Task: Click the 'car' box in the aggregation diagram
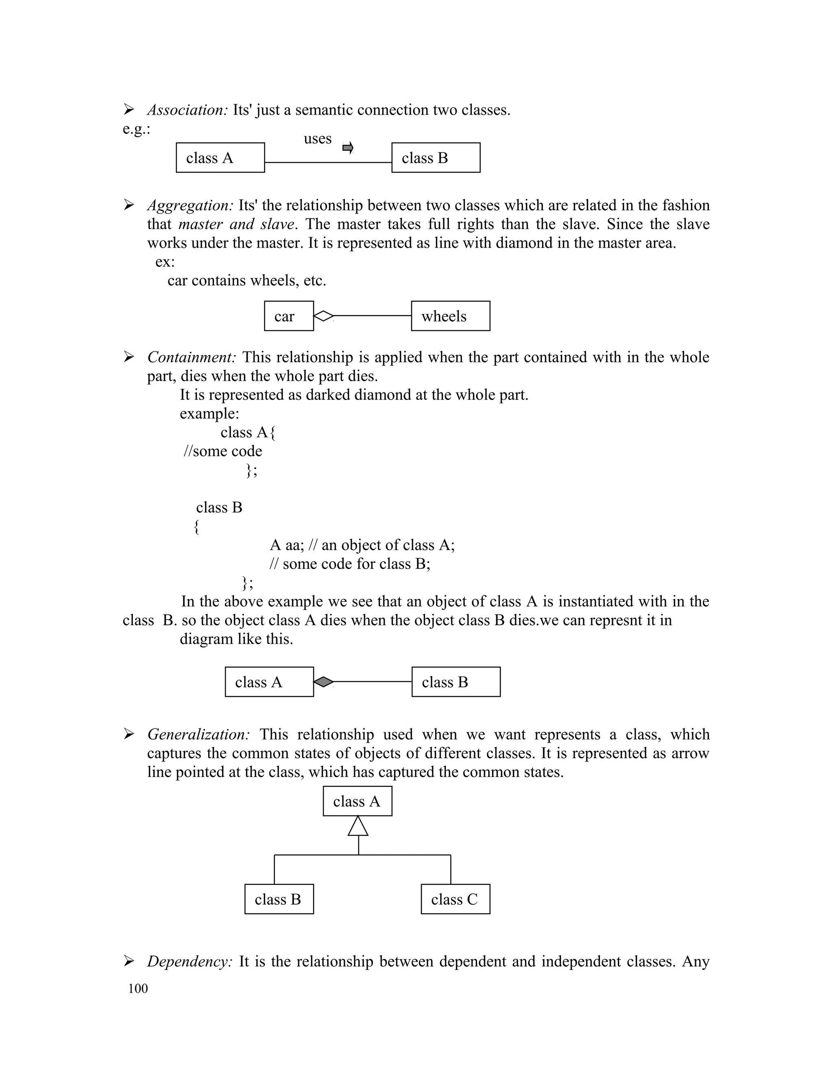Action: click(289, 316)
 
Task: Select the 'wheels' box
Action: click(450, 316)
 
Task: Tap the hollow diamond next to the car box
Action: click(324, 316)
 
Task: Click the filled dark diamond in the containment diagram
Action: click(324, 682)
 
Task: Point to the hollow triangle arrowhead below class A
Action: click(358, 826)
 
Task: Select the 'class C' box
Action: click(455, 899)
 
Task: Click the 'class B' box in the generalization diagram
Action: click(279, 899)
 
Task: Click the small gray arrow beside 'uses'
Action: click(348, 148)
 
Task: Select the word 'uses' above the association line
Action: click(317, 139)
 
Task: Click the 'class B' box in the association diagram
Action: click(436, 158)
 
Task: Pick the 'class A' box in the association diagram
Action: click(220, 158)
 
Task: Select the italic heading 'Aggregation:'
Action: click(190, 205)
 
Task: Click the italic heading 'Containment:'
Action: click(192, 357)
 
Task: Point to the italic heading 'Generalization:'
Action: click(198, 734)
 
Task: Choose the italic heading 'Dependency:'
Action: click(190, 962)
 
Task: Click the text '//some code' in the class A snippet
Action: click(222, 451)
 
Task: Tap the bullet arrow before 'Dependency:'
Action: click(129, 960)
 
